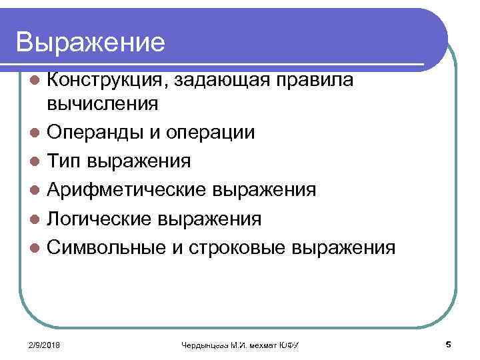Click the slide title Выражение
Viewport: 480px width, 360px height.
click(x=91, y=43)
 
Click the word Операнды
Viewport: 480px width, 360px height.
click(x=89, y=133)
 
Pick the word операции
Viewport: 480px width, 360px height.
click(x=211, y=133)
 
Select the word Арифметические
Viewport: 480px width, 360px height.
click(x=125, y=191)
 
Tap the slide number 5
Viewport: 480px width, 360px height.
click(x=447, y=344)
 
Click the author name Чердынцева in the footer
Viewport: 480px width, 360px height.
click(x=204, y=345)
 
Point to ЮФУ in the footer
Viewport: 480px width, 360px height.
click(x=288, y=345)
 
